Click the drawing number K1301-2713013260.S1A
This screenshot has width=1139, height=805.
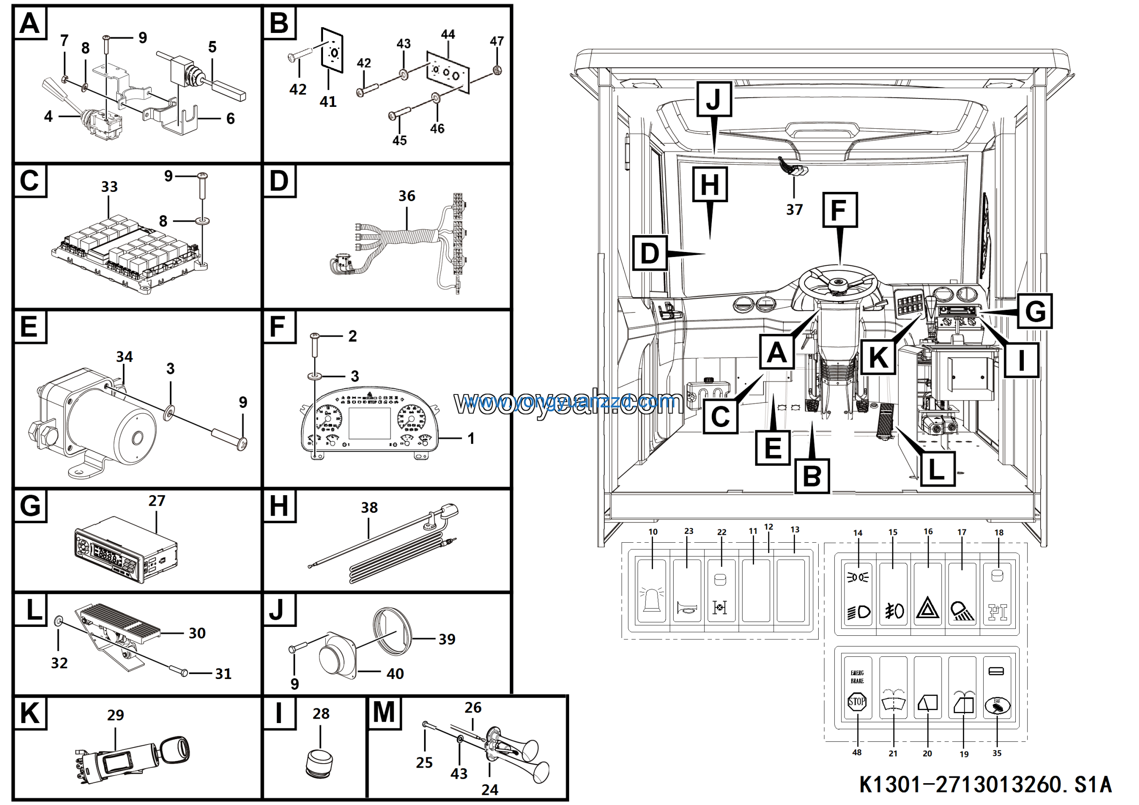coord(985,785)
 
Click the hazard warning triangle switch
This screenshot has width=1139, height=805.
coord(927,594)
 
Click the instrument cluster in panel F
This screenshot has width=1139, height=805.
coord(370,422)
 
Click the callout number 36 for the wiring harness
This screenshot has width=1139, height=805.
coord(406,196)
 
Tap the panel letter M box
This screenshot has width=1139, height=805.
coord(384,713)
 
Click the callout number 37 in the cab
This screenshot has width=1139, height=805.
coord(794,209)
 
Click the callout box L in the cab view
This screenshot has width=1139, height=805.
coord(937,469)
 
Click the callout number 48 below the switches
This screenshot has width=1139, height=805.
coord(857,752)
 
